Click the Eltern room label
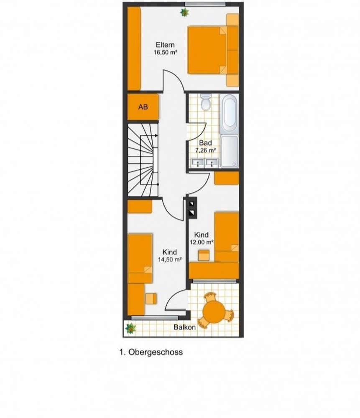[x=165, y=45]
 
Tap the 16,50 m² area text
[x=165, y=52]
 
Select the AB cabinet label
[x=143, y=107]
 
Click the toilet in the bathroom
[x=206, y=103]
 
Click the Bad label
[x=205, y=143]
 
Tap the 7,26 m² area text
[x=205, y=150]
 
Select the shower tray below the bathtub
[x=230, y=151]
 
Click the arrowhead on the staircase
[x=156, y=135]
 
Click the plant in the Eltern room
[x=184, y=12]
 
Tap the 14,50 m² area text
[x=170, y=259]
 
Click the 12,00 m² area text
[x=202, y=242]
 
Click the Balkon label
[x=184, y=327]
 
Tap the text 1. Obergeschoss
[x=151, y=352]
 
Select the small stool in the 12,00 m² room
[x=204, y=255]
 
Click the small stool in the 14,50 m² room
[x=151, y=298]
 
